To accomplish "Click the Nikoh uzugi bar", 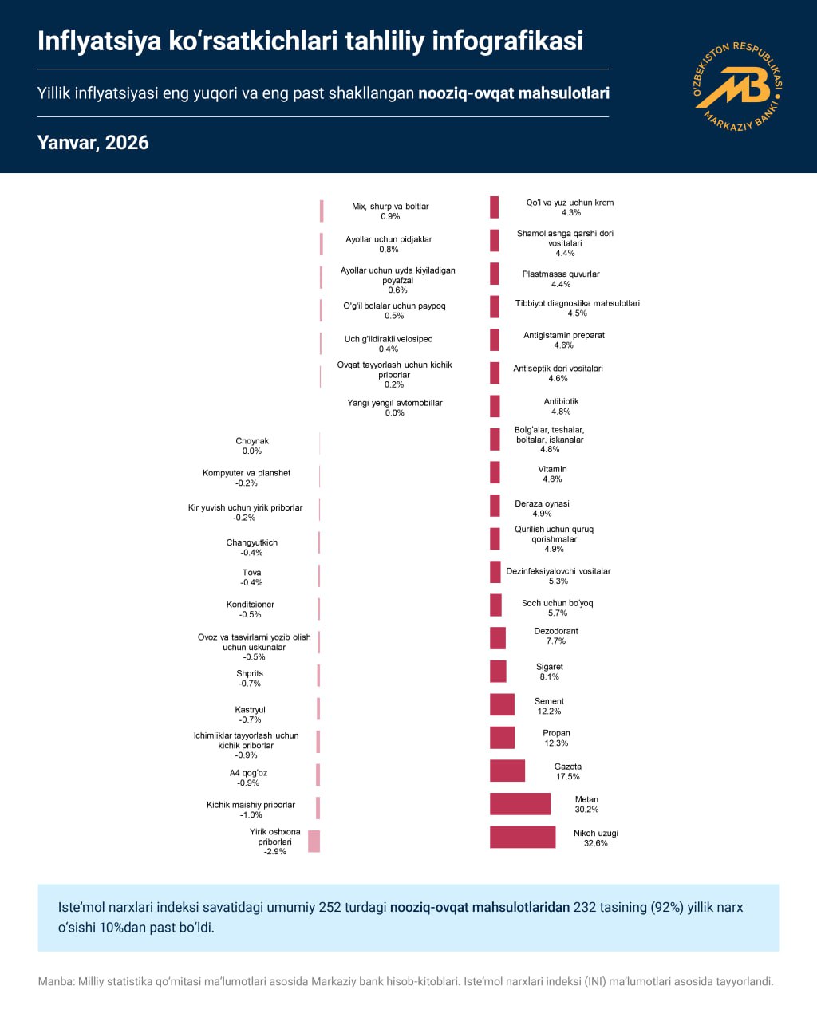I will pos(523,837).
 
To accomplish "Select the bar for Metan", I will pos(520,803).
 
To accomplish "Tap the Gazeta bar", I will pos(507,771).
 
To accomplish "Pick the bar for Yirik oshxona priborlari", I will pos(314,841).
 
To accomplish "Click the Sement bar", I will pos(502,704).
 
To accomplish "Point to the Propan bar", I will pos(502,737).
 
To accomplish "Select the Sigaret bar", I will pos(498,672).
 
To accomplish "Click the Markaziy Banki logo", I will pos(737,85).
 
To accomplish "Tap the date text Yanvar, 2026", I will pos(93,143).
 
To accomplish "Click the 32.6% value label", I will pos(595,843).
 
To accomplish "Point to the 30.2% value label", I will pos(586,810).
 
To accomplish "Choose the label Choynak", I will pos(252,441).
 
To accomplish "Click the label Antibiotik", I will pos(561,401).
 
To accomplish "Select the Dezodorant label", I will pos(555,631).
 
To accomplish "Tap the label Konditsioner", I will pos(251,605).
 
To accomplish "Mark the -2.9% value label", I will pos(274,852).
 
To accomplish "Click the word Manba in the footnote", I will pos(55,982).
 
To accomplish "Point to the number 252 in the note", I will pos(330,907).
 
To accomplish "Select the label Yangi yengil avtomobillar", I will pos(394,403).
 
